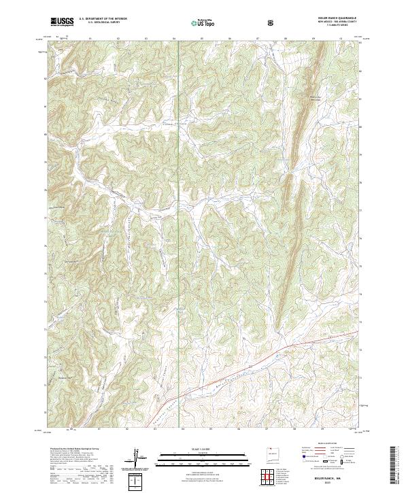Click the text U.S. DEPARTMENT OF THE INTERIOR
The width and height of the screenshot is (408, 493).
click(103, 19)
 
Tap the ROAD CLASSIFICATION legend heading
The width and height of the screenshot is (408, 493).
click(329, 447)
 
